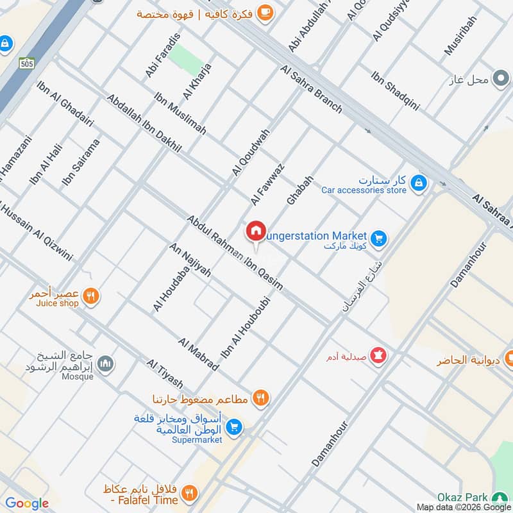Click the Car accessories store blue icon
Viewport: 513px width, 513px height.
click(x=418, y=183)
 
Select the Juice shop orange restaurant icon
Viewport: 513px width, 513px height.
click(x=92, y=296)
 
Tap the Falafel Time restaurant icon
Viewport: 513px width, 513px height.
click(x=189, y=492)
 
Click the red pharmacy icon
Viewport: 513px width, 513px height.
click(x=378, y=354)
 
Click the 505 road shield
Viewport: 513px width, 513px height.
click(x=26, y=63)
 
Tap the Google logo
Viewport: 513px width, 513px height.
click(x=27, y=503)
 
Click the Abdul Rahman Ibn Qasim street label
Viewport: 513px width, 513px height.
click(x=235, y=253)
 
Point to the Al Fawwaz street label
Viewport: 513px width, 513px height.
click(x=267, y=184)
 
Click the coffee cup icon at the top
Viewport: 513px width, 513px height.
click(x=264, y=12)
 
